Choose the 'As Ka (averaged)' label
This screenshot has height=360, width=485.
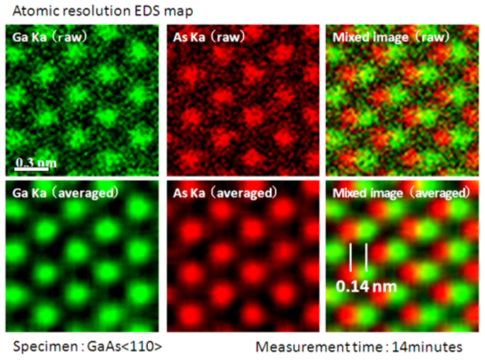point(222,193)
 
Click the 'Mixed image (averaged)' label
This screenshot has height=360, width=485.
point(395,193)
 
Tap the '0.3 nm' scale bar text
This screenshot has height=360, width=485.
point(31,161)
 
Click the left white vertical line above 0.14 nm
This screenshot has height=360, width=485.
point(351,257)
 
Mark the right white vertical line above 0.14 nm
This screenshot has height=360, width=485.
point(367,257)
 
